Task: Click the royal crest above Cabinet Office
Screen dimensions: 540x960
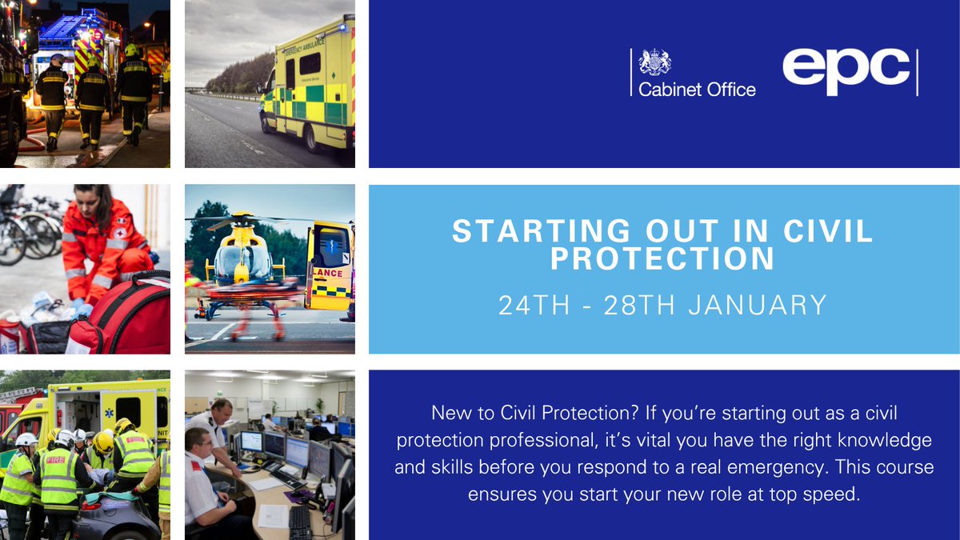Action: coord(655,63)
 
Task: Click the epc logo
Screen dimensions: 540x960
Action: coord(846,70)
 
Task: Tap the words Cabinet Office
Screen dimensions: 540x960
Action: coord(696,90)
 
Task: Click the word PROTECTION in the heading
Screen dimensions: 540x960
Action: coord(662,259)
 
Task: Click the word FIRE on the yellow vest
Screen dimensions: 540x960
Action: coord(55,461)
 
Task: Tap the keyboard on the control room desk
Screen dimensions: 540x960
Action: coord(300,522)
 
